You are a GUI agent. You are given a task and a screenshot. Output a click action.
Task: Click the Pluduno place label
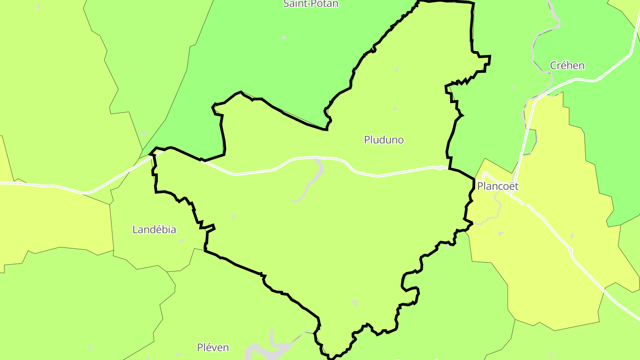point(384,140)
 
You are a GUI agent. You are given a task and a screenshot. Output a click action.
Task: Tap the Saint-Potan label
point(311,4)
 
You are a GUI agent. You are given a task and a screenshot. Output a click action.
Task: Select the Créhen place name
point(567,65)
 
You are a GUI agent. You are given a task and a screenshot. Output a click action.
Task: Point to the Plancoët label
point(497,186)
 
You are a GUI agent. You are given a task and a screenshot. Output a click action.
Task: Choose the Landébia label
point(154,229)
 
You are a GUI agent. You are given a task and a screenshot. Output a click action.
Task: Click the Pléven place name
point(213,347)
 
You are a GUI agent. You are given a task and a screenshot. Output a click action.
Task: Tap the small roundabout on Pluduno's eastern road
point(440,168)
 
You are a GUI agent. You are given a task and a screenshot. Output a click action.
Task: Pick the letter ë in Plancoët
point(510,186)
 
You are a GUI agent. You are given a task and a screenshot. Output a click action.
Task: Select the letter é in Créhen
point(564,65)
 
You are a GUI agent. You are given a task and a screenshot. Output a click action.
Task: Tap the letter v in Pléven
point(216,347)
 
